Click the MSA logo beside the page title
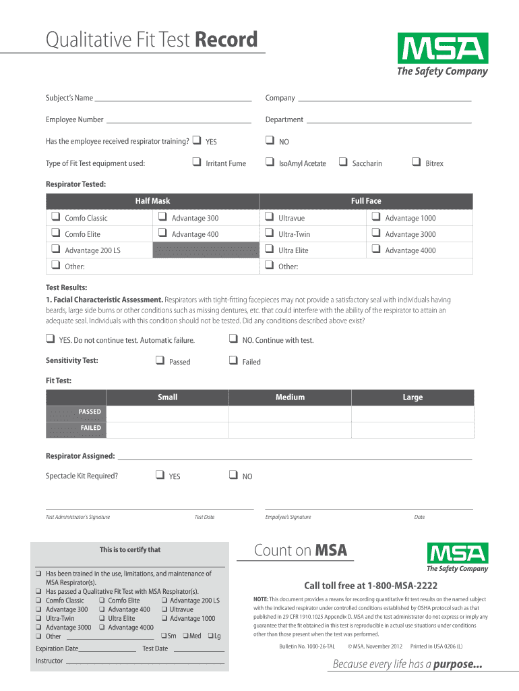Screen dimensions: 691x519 (443, 55)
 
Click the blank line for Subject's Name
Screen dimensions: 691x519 (173, 99)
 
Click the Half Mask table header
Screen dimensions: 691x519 (152, 201)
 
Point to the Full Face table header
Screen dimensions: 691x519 (365, 201)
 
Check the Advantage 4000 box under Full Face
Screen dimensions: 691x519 (375, 250)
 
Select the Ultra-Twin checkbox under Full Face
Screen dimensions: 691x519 (269, 233)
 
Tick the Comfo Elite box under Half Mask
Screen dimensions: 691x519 (54, 233)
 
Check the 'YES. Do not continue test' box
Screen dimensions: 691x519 (51, 339)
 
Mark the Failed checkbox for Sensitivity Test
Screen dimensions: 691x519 (233, 361)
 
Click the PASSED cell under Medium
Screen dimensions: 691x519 (290, 413)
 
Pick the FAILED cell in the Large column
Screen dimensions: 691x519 (413, 429)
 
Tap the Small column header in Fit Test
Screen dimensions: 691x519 (167, 397)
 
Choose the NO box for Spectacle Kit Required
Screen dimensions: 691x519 (233, 475)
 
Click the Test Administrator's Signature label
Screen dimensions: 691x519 (78, 518)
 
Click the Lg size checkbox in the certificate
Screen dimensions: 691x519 (211, 636)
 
